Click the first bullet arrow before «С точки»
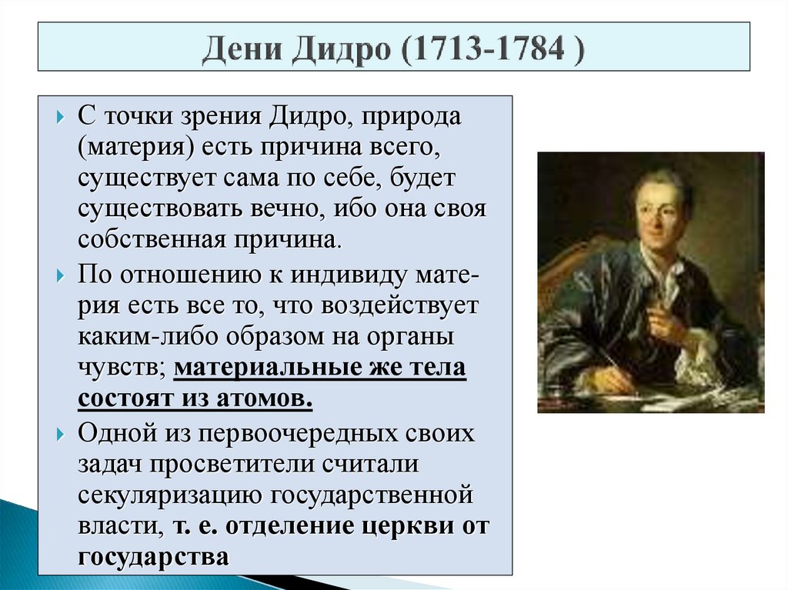tap(62, 120)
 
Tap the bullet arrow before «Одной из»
tap(62, 433)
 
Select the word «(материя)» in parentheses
tap(132, 148)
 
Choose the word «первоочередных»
tap(301, 433)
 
